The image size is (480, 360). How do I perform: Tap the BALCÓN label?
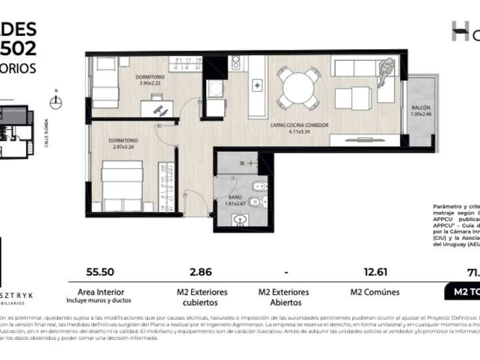[420, 107]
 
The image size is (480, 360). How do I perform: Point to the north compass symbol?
[57, 101]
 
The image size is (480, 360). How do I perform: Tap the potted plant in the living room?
[385, 68]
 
